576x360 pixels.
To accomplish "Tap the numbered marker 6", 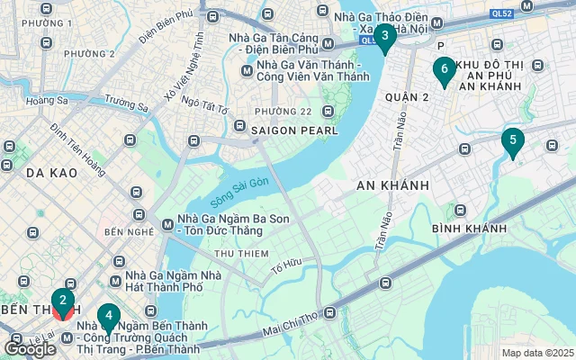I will coord(444,68).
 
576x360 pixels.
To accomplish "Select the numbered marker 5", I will coord(512,141).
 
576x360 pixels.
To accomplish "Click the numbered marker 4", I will coord(108,317).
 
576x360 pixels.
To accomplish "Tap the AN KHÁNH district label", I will coord(392,184).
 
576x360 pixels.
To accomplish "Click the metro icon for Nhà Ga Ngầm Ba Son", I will coord(166,225).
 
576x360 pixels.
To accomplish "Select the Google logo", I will coord(31,349).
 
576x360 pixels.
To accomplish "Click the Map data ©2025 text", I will coord(536,353).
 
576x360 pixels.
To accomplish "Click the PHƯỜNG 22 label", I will coord(283,111).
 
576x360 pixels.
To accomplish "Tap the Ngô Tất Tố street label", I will coord(206,105).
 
